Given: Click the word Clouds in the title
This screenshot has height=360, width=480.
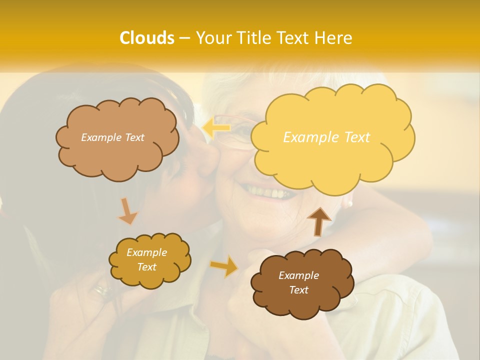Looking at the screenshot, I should click(147, 38).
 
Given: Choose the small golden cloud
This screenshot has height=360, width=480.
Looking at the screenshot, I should click(149, 260).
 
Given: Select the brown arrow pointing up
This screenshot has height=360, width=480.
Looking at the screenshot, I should click(318, 220).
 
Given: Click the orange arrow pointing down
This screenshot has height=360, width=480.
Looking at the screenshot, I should click(127, 211).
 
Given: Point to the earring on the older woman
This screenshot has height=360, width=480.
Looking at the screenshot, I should click(348, 203).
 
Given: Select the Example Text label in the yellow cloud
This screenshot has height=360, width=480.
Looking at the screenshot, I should click(326, 137).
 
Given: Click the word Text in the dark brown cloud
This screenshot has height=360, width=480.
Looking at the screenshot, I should click(299, 290).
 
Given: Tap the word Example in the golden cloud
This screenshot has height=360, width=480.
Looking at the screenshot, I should click(146, 252).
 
